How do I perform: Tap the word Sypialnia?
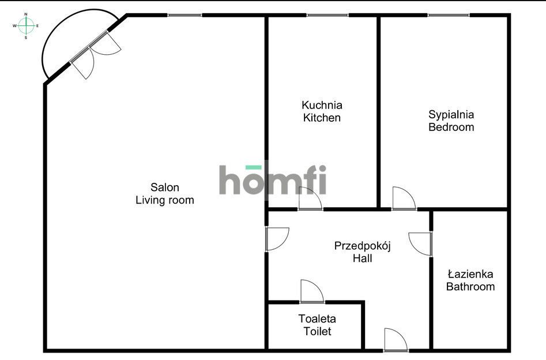point(451,114)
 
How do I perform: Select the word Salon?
point(165,187)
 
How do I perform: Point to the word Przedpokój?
point(362,246)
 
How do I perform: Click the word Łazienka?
point(470,274)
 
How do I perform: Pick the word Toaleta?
point(317,318)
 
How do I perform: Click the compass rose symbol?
point(26,26)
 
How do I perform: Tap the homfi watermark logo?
point(273,179)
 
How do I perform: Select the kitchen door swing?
point(310,198)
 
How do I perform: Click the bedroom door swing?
point(404,198)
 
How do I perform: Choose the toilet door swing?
point(312,291)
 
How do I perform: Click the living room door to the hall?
point(277,239)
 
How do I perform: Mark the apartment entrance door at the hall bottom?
point(396,340)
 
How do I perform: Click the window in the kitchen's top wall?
point(327,16)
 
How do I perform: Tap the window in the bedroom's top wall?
point(449,16)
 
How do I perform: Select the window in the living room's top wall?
point(185,16)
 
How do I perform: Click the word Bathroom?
point(470,287)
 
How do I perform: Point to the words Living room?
point(165,200)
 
